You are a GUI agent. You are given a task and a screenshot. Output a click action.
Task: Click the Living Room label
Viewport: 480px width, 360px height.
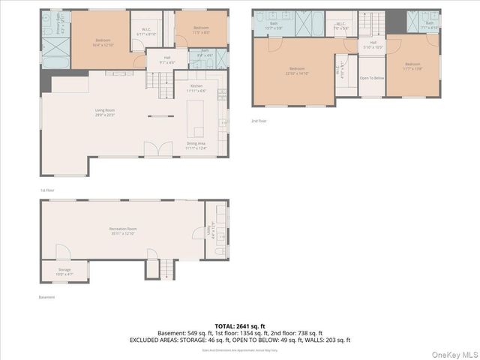104,113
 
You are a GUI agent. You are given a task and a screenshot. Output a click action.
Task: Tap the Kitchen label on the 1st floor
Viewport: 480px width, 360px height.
196,88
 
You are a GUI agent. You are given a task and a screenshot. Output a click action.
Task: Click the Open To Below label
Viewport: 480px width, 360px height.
372,78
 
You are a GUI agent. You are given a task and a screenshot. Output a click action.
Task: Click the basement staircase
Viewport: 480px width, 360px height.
167,268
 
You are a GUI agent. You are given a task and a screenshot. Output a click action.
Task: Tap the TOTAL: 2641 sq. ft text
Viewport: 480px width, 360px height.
239,326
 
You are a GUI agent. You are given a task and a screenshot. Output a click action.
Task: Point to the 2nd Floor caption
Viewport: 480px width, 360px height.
259,121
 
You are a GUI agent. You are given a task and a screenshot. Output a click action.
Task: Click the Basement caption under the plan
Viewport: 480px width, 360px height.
46,297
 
